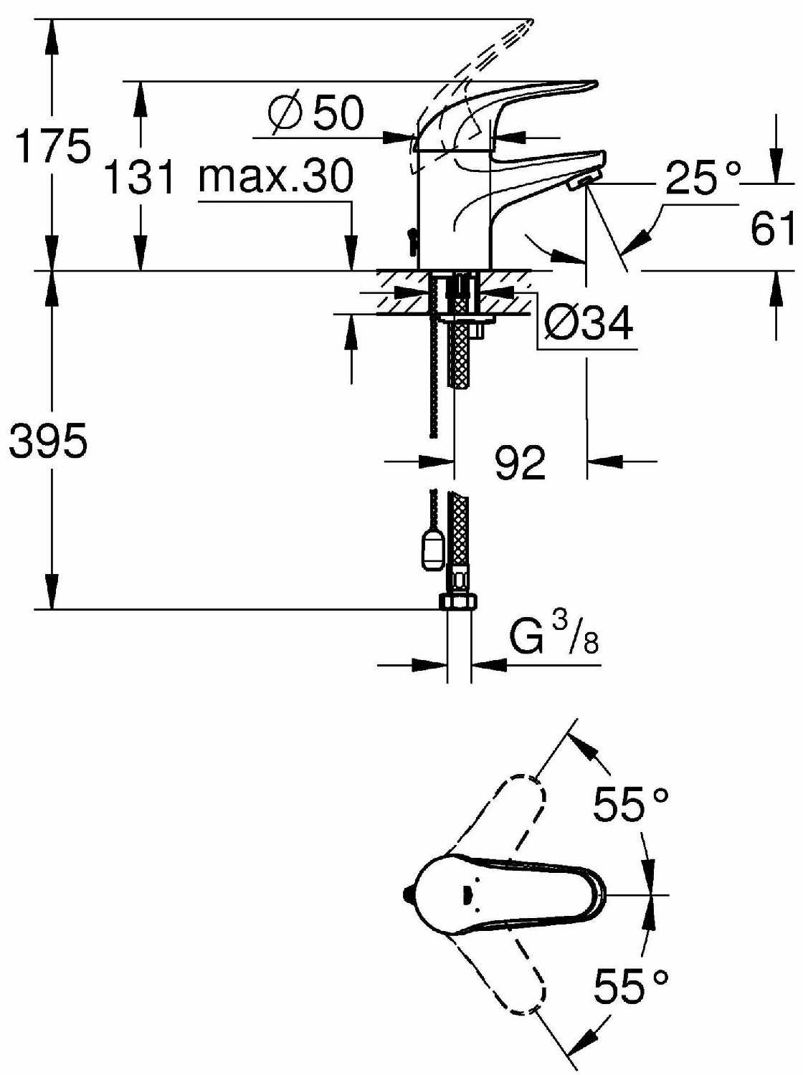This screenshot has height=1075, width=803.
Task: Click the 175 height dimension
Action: click(x=53, y=145)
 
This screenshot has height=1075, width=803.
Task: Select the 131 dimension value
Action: click(x=141, y=176)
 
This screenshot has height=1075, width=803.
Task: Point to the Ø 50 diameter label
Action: click(x=316, y=114)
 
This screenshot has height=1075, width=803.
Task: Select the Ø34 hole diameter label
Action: click(x=588, y=323)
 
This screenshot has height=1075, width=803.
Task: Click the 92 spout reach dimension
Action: click(x=520, y=462)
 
